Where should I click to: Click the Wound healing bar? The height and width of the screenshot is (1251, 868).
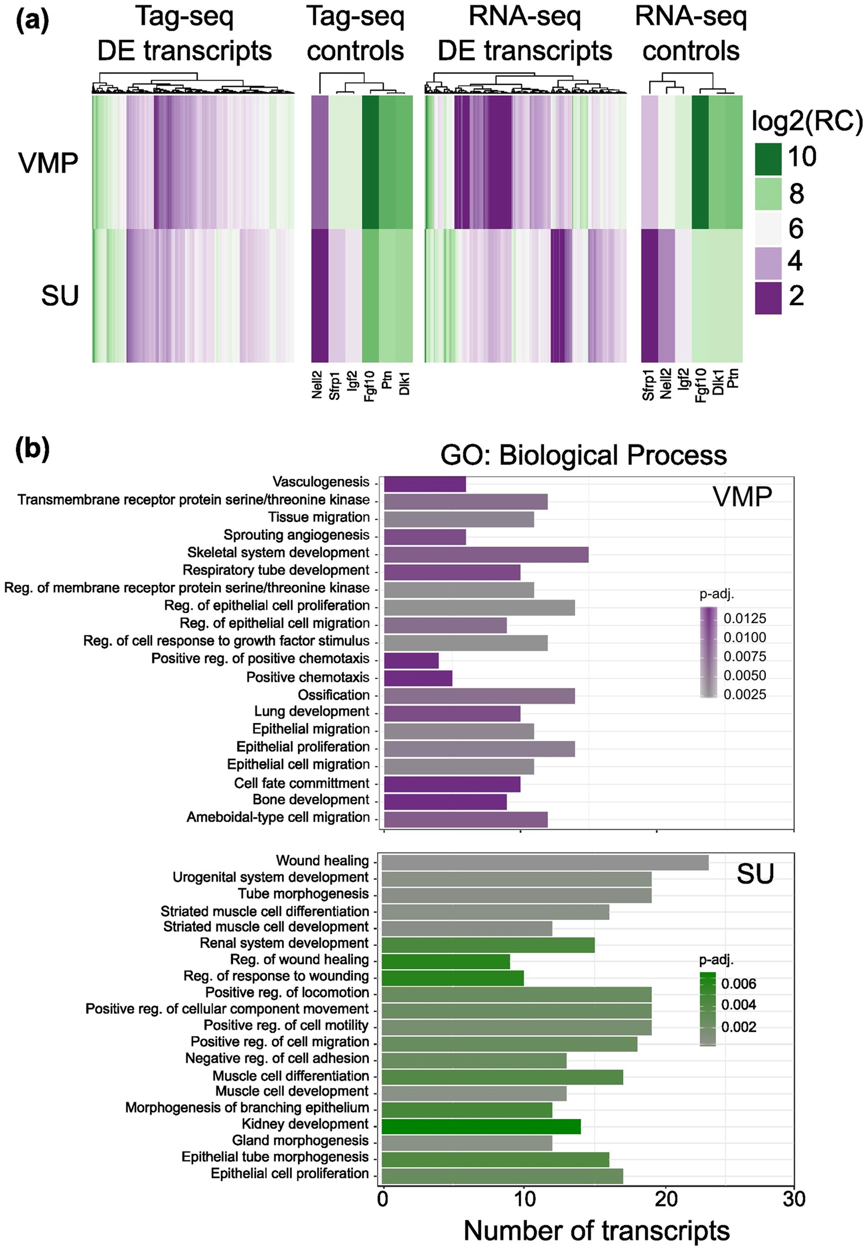[x=544, y=863]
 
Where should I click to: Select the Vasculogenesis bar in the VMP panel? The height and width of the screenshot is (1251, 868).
[x=424, y=484]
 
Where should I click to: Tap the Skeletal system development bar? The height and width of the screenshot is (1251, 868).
[x=486, y=555]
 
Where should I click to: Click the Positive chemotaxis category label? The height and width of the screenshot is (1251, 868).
[x=307, y=677]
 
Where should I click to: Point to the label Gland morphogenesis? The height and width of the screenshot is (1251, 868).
[x=300, y=1141]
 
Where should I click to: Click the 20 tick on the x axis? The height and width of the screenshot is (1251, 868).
[x=666, y=1199]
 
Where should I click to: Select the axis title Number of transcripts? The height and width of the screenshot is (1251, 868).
[x=596, y=1230]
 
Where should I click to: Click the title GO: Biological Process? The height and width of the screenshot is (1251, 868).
[x=583, y=455]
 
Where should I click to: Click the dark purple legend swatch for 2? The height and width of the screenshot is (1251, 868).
[x=767, y=298]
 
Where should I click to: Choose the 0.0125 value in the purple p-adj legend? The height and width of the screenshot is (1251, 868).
[x=744, y=618]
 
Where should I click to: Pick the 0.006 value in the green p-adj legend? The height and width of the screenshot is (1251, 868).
[x=738, y=983]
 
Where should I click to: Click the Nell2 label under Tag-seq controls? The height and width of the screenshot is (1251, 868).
[x=317, y=385]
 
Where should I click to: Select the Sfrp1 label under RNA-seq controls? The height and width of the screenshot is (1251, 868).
[x=649, y=385]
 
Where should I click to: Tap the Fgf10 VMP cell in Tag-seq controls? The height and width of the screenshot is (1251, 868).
[x=370, y=162]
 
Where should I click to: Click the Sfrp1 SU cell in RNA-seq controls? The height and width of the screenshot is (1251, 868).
[x=649, y=295]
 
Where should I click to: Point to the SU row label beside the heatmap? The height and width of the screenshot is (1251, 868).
[x=60, y=296]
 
